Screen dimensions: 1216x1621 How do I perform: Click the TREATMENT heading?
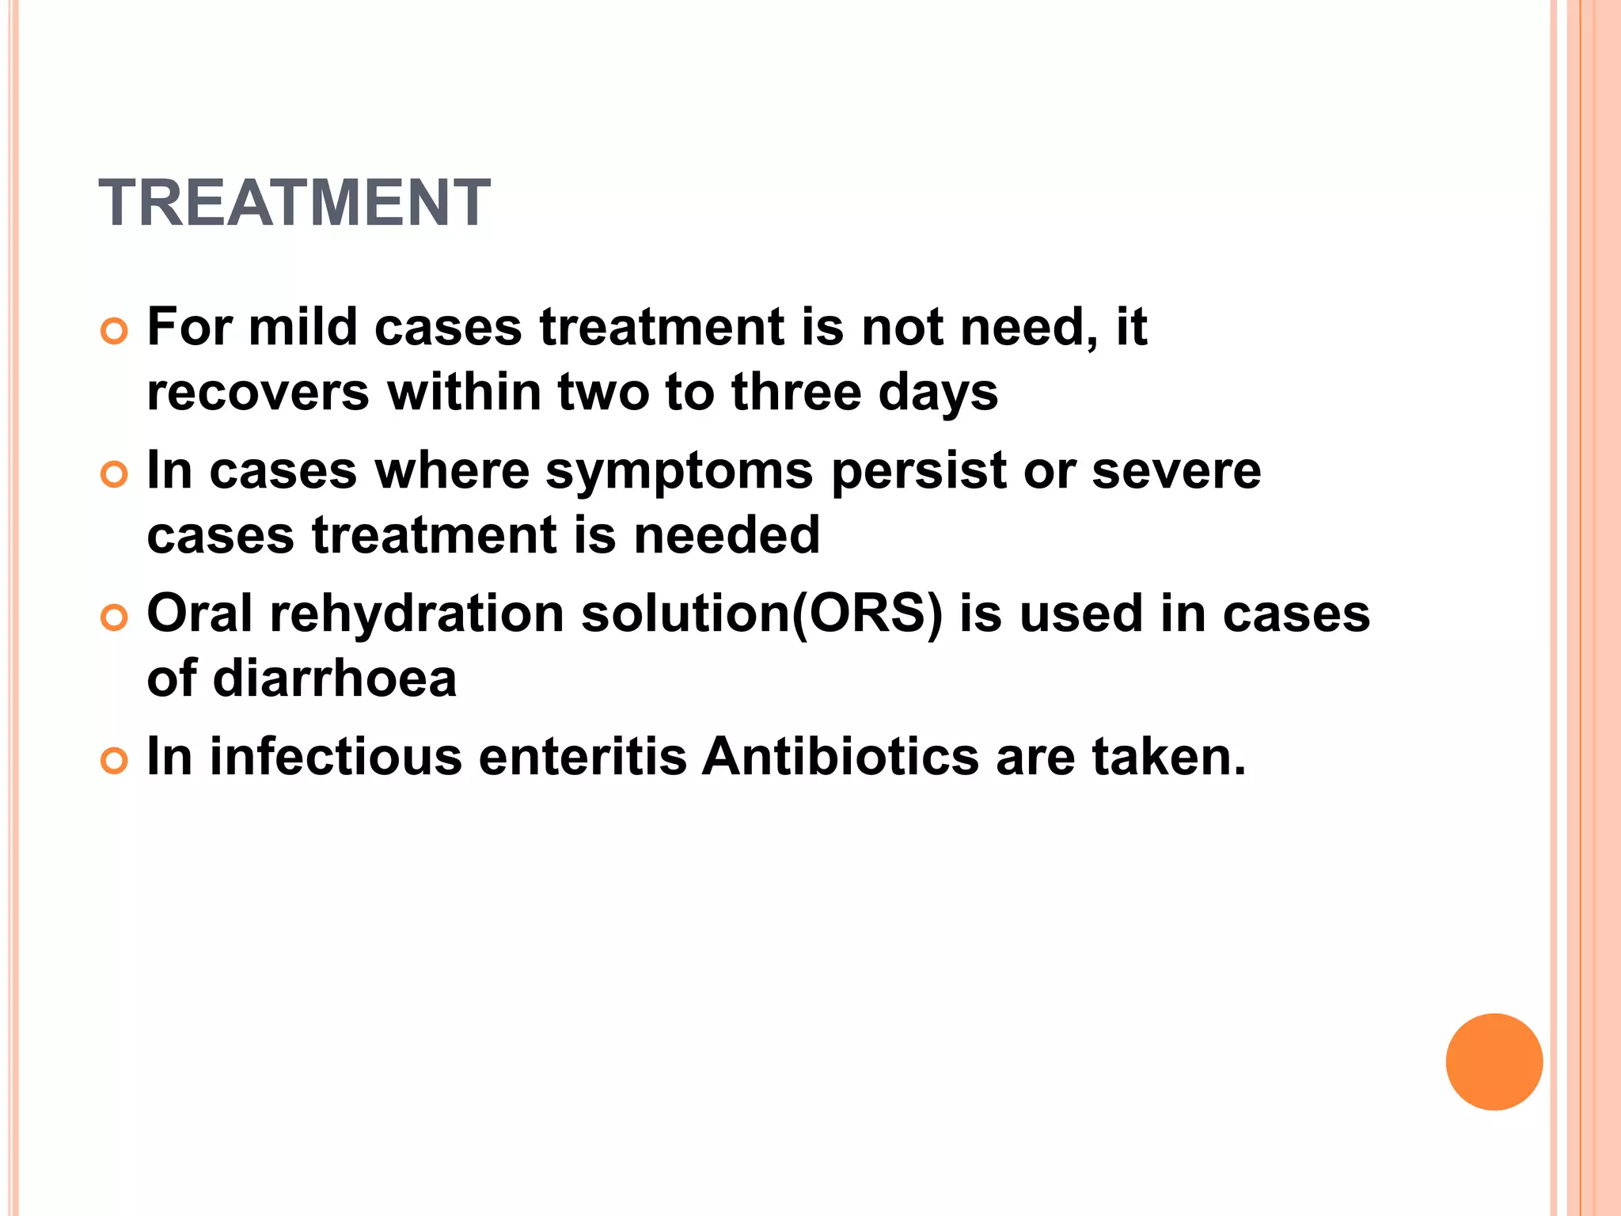coord(294,203)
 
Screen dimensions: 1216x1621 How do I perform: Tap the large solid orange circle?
coord(1494,1062)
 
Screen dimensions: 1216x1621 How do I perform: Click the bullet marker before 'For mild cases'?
coord(114,332)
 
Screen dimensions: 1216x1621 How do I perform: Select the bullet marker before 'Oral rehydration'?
coord(114,618)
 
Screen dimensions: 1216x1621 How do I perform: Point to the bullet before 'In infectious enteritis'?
coord(114,762)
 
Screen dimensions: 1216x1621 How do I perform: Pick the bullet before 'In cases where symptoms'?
coord(114,475)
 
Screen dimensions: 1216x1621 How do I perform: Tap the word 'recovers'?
coord(258,393)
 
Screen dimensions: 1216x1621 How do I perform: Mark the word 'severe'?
coord(1176,472)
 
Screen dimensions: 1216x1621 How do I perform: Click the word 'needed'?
coord(727,534)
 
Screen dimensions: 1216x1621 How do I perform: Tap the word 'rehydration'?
coord(417,614)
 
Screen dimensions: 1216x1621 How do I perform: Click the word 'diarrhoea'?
coord(335,678)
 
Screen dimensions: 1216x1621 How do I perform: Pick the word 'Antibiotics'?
coord(841,756)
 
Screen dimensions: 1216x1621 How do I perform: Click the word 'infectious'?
coord(336,756)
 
